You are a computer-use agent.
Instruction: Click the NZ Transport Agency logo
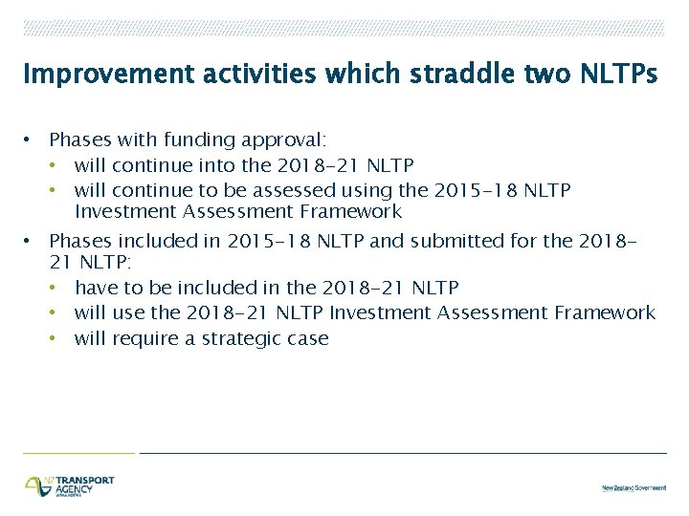pyautogui.click(x=69, y=485)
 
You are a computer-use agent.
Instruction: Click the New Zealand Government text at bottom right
pyautogui.click(x=633, y=487)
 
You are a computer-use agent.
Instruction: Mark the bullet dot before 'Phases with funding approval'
pyautogui.click(x=31, y=140)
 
